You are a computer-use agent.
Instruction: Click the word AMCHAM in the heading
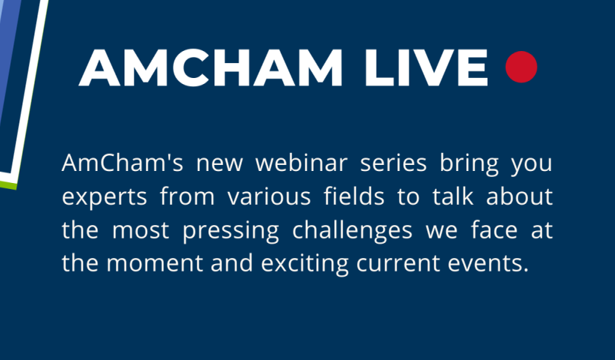(211, 67)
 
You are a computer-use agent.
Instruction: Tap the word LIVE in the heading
(426, 67)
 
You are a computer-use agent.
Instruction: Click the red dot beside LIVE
(521, 67)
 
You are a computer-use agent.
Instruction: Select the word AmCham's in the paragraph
(122, 162)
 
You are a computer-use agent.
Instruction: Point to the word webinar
(301, 162)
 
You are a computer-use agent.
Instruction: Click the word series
(394, 162)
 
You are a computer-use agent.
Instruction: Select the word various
(269, 196)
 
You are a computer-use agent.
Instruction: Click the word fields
(354, 195)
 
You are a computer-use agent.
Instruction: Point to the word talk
(453, 195)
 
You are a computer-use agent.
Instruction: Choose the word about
(519, 195)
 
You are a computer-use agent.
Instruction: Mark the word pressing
(231, 230)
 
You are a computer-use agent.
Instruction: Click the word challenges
(352, 229)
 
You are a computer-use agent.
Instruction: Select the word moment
(154, 262)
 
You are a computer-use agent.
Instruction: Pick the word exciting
(304, 263)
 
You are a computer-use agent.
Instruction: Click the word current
(398, 262)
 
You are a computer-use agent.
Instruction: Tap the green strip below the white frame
(8, 184)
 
